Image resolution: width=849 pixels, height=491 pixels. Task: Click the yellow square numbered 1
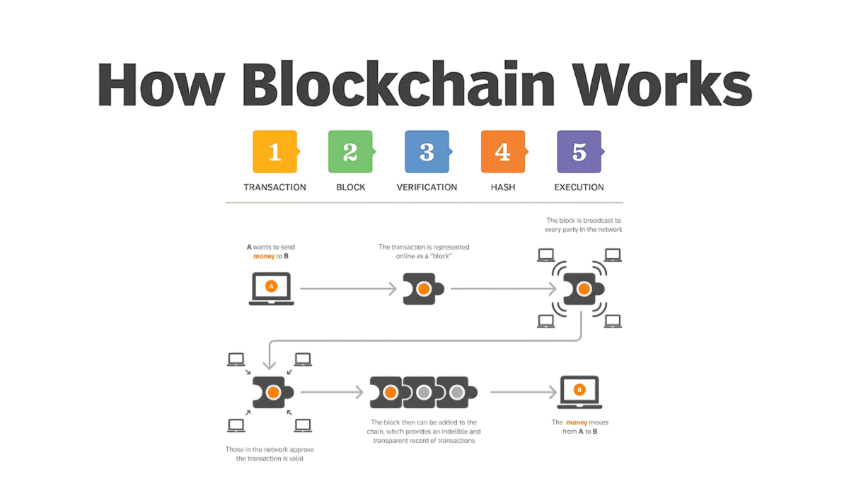click(x=275, y=151)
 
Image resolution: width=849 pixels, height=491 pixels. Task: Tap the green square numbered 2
click(x=350, y=151)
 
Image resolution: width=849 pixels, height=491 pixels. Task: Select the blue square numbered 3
click(x=427, y=151)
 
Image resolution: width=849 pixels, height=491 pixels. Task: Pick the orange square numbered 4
click(x=502, y=151)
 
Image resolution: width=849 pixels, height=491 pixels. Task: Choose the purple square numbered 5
click(x=579, y=151)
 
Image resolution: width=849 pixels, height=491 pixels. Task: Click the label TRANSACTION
click(x=275, y=187)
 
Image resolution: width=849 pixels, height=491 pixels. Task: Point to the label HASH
click(x=502, y=187)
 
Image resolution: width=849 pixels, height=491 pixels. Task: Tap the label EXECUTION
click(x=579, y=187)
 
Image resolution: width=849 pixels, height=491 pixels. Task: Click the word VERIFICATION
click(x=427, y=187)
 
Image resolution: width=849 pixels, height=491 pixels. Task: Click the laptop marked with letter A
click(x=271, y=288)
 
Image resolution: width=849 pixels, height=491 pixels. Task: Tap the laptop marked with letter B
click(x=579, y=391)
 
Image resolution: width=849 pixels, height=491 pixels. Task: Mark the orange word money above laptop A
click(x=264, y=256)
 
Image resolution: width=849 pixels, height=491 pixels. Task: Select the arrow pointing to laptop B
click(x=523, y=391)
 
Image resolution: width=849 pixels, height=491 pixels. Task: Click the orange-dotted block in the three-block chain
click(x=389, y=392)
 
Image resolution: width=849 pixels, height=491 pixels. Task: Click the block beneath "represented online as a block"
click(x=423, y=289)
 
